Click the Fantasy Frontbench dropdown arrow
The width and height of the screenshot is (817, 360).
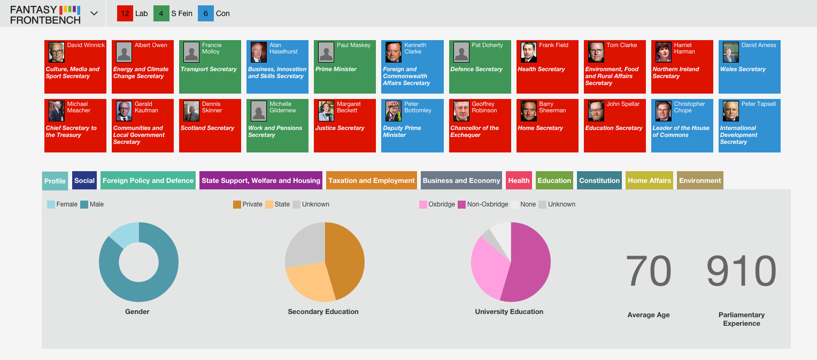click(x=94, y=13)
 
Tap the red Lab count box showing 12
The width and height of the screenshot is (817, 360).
click(x=125, y=13)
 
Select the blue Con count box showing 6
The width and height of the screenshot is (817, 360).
click(x=206, y=13)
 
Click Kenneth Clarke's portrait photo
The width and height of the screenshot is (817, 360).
click(x=394, y=52)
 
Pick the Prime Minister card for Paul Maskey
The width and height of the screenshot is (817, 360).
click(x=345, y=67)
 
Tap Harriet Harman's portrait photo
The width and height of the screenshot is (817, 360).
click(x=664, y=52)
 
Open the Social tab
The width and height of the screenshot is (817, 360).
click(x=84, y=181)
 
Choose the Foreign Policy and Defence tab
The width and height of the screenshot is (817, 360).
click(x=148, y=181)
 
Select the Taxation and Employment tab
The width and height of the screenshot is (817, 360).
click(x=371, y=181)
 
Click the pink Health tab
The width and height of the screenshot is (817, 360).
click(x=519, y=181)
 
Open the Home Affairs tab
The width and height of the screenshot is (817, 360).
click(x=649, y=181)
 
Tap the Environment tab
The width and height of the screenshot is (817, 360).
click(x=700, y=181)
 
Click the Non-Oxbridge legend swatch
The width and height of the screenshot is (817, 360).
click(x=461, y=205)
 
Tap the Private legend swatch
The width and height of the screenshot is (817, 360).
click(x=237, y=205)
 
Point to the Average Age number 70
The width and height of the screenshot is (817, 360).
click(x=649, y=271)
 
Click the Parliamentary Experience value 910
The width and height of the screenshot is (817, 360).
click(x=742, y=271)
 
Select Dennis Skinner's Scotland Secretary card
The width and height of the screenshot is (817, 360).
click(x=210, y=126)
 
